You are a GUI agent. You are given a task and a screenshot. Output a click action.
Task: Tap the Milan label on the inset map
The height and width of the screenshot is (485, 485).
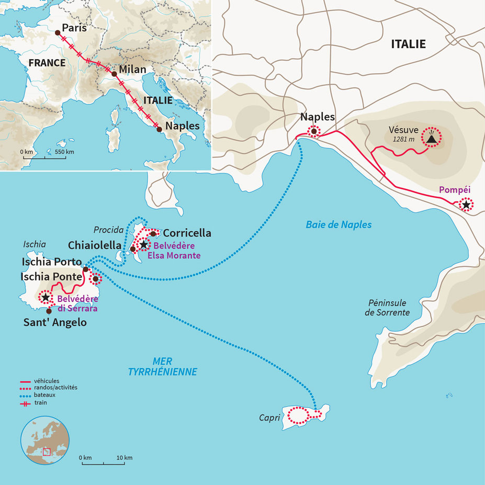tap(132, 70)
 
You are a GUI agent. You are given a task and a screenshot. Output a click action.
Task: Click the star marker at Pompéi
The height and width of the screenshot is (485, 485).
tap(465, 205)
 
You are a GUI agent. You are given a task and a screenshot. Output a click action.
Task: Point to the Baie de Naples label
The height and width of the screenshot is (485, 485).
tap(339, 225)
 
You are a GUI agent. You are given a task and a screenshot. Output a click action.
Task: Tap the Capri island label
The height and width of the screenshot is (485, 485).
tap(269, 418)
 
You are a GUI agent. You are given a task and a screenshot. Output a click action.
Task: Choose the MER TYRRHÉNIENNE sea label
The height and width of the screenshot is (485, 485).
tap(162, 367)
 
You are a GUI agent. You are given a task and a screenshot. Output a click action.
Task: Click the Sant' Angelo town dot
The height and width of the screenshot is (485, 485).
tap(49, 311)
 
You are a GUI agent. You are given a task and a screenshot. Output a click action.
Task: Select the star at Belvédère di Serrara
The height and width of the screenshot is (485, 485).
tap(46, 298)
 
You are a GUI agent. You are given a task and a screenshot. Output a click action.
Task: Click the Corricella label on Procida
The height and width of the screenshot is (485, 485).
tap(187, 233)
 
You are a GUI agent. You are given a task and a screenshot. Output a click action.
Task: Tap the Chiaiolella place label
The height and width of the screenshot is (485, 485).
tap(95, 245)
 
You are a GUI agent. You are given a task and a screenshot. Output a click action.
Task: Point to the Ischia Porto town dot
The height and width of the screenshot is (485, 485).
tap(86, 269)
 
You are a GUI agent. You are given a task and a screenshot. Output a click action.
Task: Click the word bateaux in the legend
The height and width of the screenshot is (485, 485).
tap(46, 395)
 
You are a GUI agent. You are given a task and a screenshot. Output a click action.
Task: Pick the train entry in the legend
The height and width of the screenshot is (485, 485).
tap(40, 402)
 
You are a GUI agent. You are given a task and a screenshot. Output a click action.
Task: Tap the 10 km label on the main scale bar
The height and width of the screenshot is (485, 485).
tap(124, 458)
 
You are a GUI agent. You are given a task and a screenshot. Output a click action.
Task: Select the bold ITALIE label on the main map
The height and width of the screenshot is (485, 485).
tap(408, 44)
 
